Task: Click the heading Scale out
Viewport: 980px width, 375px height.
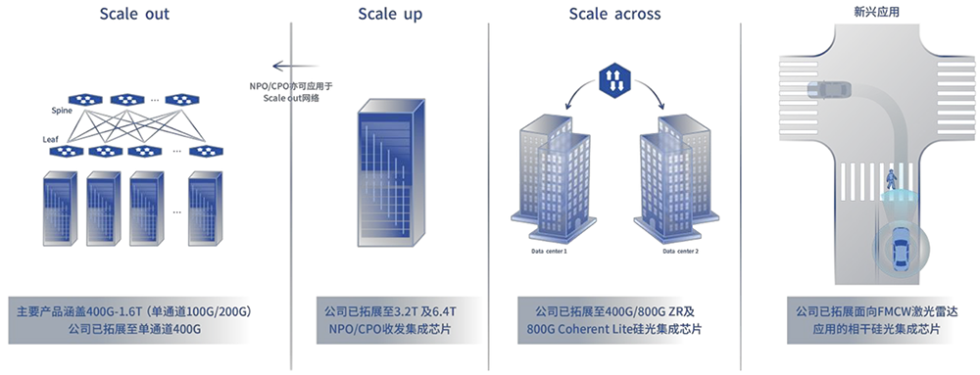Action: pyautogui.click(x=134, y=14)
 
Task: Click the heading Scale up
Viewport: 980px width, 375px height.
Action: pyautogui.click(x=390, y=15)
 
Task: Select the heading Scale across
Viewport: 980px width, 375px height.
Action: pyautogui.click(x=614, y=14)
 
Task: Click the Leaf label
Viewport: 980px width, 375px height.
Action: pyautogui.click(x=51, y=140)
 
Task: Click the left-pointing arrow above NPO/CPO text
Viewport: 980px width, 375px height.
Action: pyautogui.click(x=295, y=66)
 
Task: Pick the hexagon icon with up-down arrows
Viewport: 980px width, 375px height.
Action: pyautogui.click(x=612, y=80)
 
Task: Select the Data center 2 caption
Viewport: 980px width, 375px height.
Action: pyautogui.click(x=680, y=251)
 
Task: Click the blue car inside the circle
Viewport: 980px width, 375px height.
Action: pyautogui.click(x=901, y=249)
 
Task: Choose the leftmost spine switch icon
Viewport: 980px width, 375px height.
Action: pyautogui.click(x=85, y=99)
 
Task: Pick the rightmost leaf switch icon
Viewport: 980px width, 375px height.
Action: pyautogui.click(x=207, y=151)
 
